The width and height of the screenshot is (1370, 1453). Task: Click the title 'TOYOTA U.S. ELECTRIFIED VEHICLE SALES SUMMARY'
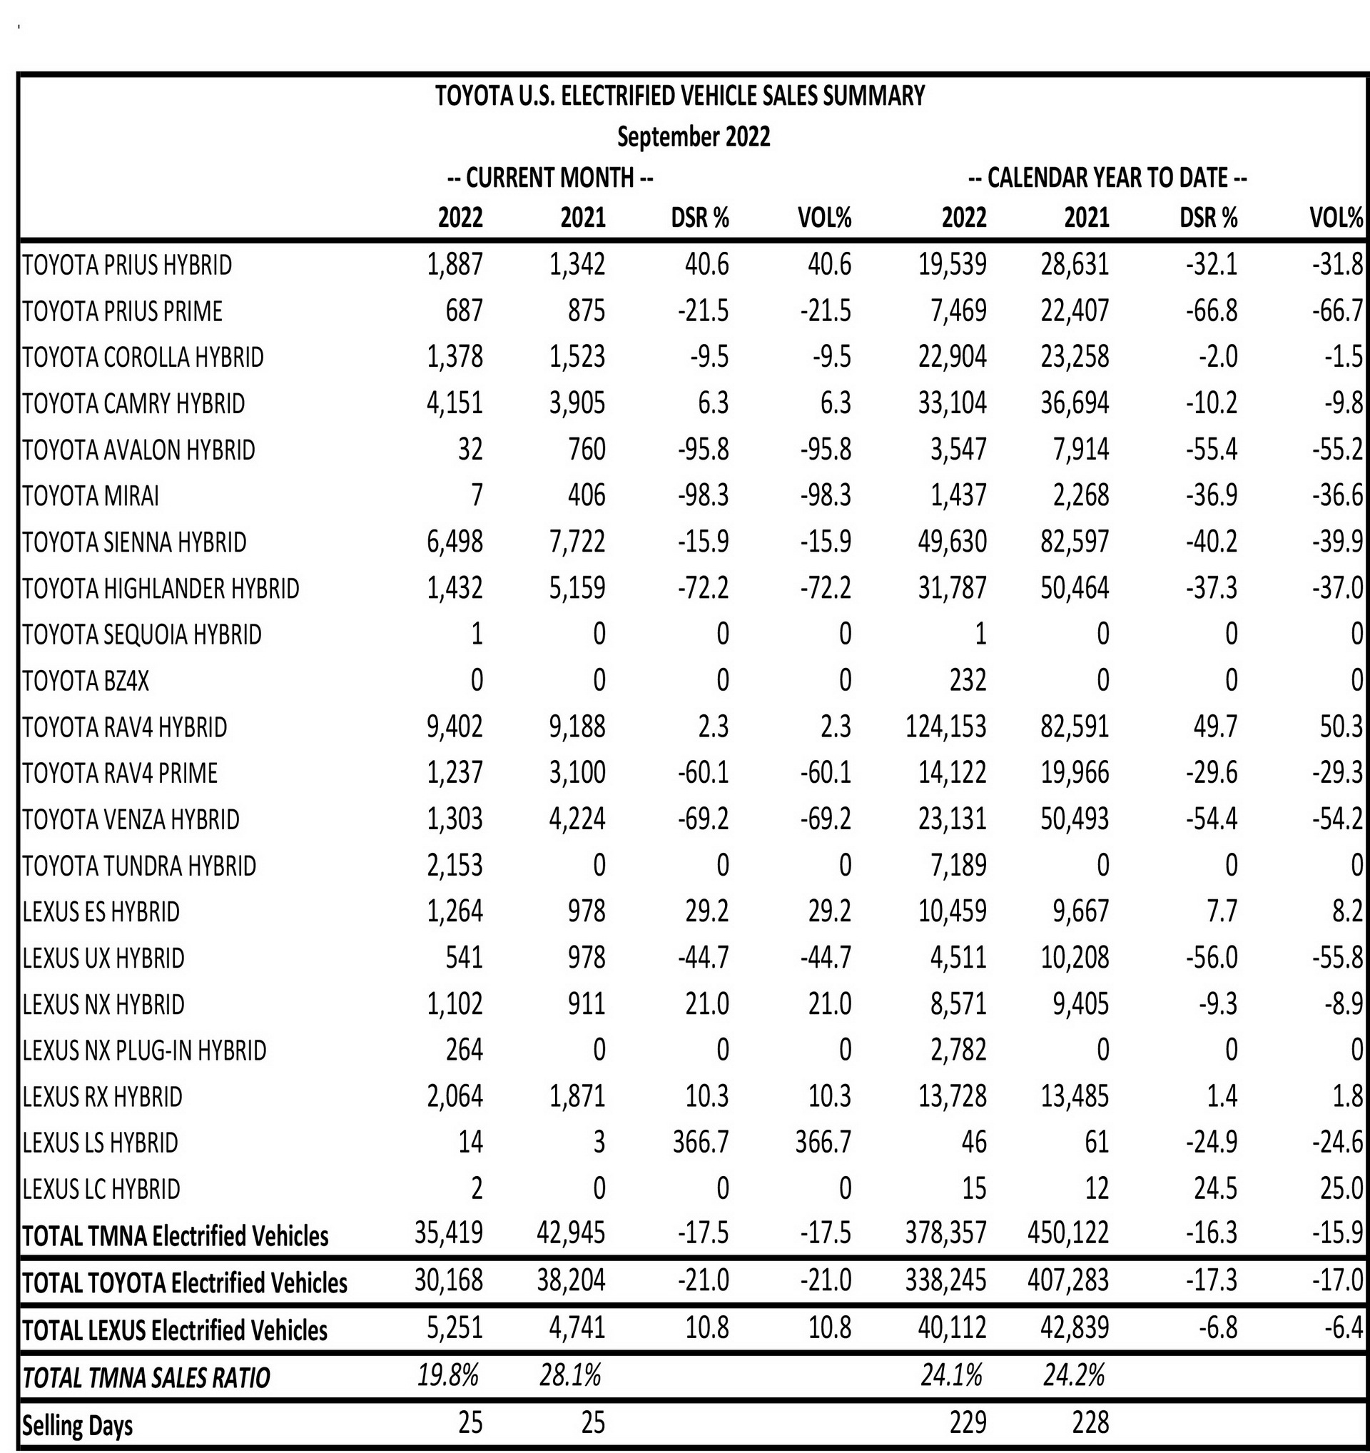coord(679,96)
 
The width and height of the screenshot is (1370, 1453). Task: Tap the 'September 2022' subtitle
coord(694,138)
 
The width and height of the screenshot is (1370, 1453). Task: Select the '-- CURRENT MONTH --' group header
coord(549,178)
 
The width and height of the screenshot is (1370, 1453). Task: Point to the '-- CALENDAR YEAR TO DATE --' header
coord(1107,178)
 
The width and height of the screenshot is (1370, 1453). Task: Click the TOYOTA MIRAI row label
coord(91,496)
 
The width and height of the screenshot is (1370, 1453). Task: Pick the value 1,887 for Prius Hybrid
coord(455,265)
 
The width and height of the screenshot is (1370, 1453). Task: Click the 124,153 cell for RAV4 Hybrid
coord(945,727)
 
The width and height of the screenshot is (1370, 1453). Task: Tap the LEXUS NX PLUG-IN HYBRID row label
coord(145,1050)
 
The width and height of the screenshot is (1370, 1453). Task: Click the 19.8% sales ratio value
coord(448,1375)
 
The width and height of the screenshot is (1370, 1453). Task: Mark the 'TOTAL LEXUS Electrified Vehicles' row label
coord(176,1330)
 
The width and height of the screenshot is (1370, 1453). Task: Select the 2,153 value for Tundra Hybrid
coord(455,866)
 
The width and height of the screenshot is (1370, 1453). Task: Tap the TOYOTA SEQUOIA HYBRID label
coord(142,634)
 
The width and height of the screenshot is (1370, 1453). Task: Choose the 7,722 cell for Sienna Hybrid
coord(577,542)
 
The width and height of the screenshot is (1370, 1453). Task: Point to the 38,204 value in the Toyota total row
coord(572,1280)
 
